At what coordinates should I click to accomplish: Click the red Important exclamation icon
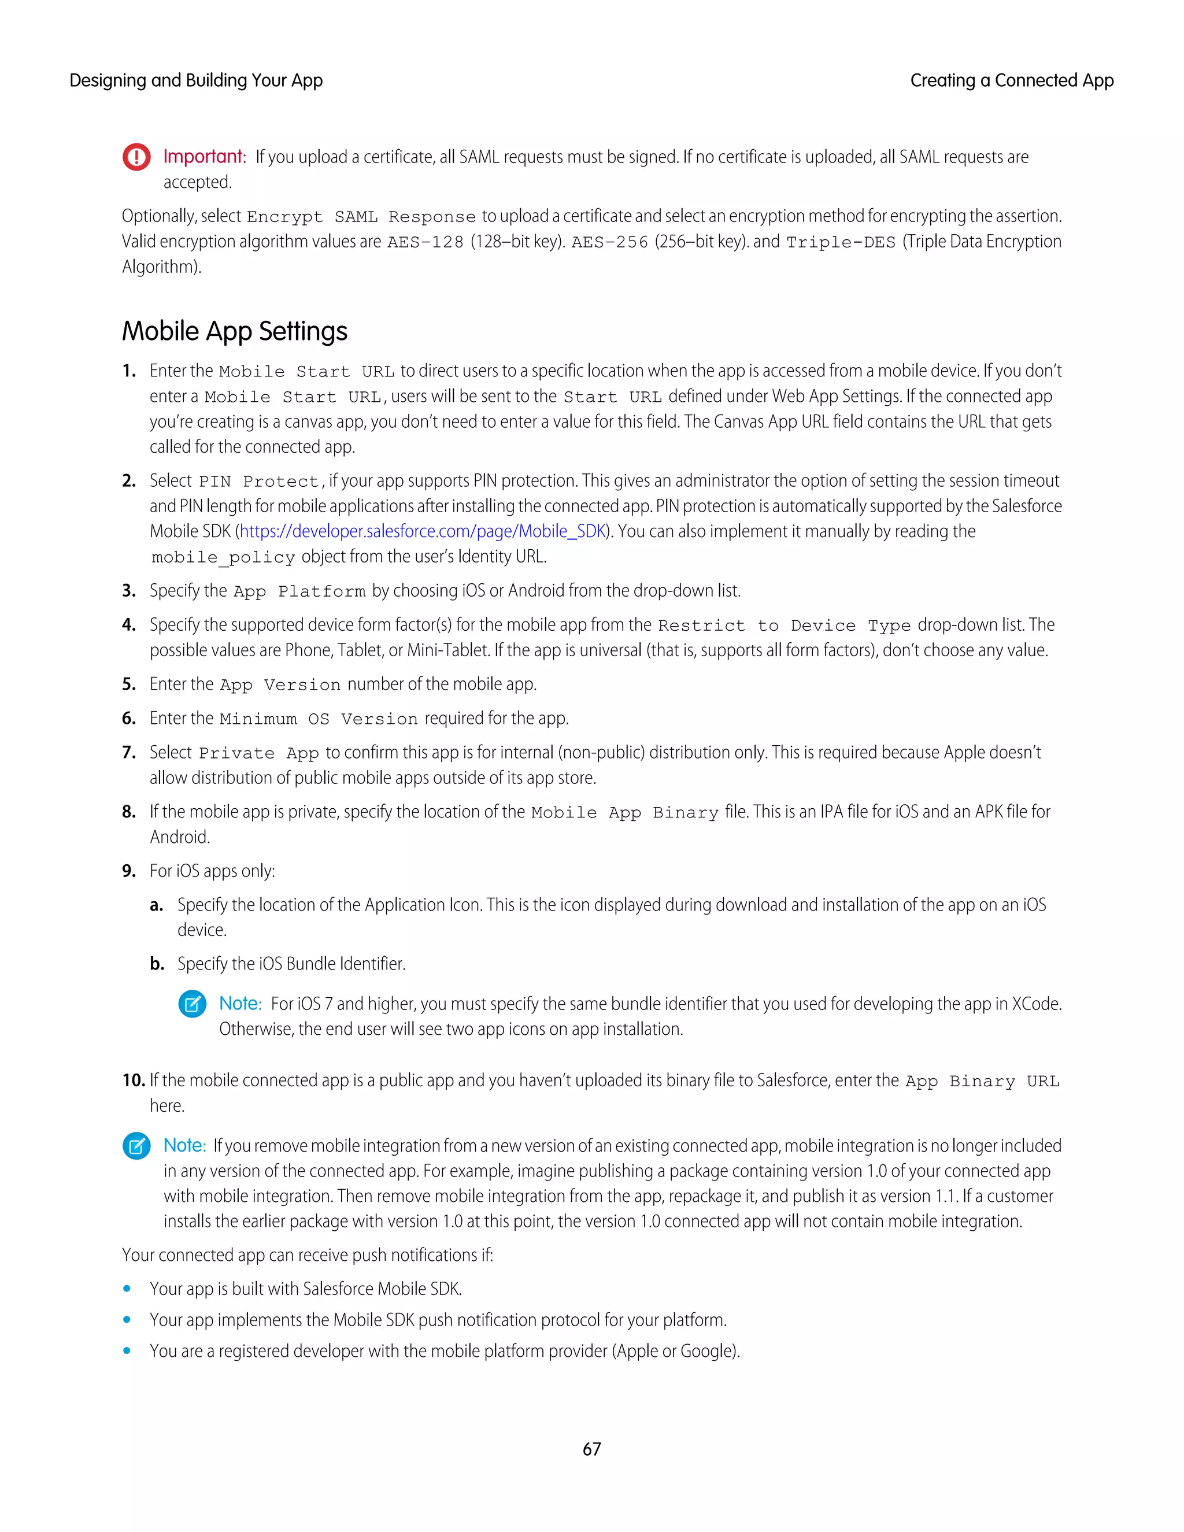pos(137,157)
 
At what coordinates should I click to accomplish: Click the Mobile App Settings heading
pos(234,331)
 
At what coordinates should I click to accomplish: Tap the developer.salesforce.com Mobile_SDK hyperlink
pos(422,532)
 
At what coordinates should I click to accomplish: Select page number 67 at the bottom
pos(591,1449)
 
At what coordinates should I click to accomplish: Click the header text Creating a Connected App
pos(1012,81)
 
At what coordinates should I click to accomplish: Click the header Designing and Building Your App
pos(196,81)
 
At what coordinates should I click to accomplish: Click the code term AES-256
pos(609,243)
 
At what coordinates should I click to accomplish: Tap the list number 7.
pos(128,753)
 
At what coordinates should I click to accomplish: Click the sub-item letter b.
pos(157,964)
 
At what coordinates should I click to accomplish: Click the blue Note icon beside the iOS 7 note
pos(192,1005)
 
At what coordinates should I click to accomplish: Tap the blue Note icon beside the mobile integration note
pos(137,1146)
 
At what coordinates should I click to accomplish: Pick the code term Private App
pos(259,753)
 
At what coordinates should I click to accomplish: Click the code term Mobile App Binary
pos(624,813)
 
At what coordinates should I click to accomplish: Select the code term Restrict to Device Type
pos(783,626)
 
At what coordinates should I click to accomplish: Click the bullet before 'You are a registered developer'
pos(127,1351)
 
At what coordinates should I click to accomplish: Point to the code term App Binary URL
pos(982,1082)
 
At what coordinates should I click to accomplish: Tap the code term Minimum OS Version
pos(319,719)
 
